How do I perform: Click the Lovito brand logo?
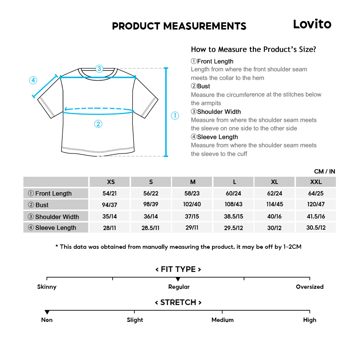tap(312, 24)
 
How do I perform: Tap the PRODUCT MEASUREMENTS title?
tap(179, 26)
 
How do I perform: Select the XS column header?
tap(111, 182)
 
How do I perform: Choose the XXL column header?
tap(316, 182)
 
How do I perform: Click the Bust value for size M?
tap(193, 204)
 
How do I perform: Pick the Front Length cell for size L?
tap(234, 193)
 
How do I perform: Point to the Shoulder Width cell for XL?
tap(275, 216)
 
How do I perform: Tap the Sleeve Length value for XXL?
tap(316, 228)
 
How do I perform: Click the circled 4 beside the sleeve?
tap(33, 80)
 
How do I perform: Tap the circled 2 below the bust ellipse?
tap(98, 124)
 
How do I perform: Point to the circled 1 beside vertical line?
tap(175, 116)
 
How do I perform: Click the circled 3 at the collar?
tap(99, 68)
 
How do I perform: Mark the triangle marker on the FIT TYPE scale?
tap(178, 279)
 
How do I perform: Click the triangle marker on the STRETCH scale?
tap(47, 312)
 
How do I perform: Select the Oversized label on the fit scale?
tap(310, 287)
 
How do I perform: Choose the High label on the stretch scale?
tap(310, 320)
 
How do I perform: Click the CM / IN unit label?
tap(324, 171)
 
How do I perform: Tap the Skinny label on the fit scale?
tap(47, 287)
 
